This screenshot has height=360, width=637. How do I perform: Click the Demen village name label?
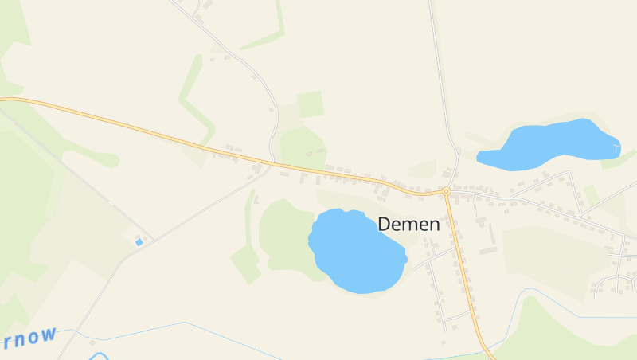pyautogui.click(x=408, y=225)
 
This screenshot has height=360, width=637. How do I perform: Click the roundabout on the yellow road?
pyautogui.click(x=446, y=192)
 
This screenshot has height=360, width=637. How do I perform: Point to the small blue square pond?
pyautogui.click(x=139, y=241)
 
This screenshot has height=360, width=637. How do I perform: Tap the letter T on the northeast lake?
pyautogui.click(x=616, y=148)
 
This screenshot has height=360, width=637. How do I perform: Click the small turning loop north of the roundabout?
pyautogui.click(x=458, y=150)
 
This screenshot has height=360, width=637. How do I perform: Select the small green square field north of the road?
pyautogui.click(x=311, y=104)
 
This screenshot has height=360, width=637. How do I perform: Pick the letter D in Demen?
pyautogui.click(x=385, y=225)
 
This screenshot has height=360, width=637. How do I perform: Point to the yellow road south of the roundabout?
pyautogui.click(x=463, y=271)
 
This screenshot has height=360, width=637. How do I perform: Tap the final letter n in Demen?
pyautogui.click(x=434, y=225)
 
